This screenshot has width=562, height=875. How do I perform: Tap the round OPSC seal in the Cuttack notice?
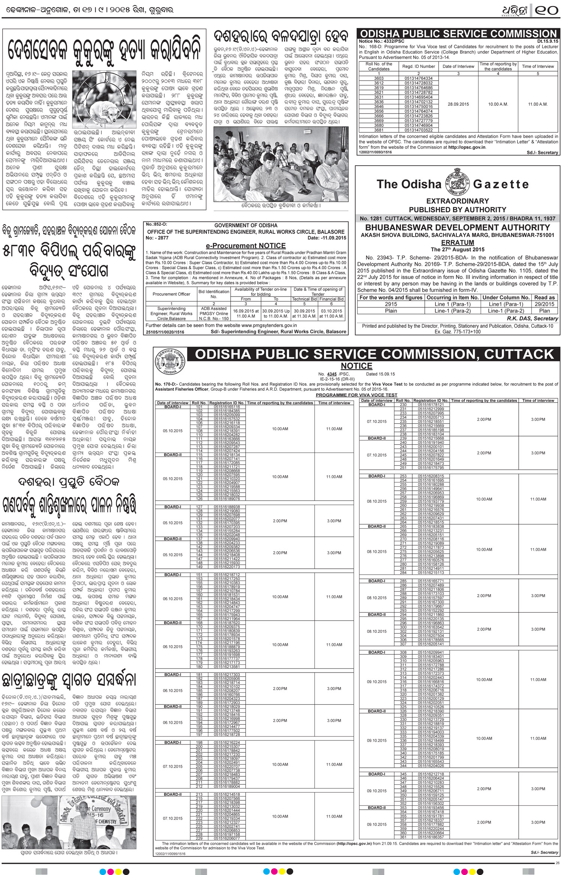[x=170, y=361]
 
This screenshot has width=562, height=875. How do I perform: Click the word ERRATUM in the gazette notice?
[x=457, y=243]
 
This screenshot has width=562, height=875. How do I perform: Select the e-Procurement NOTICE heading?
[x=246, y=246]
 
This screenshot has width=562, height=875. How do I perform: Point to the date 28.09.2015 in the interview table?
[x=458, y=104]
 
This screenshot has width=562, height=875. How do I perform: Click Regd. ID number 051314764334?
[x=419, y=78]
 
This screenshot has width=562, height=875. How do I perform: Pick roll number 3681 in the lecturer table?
[x=379, y=130]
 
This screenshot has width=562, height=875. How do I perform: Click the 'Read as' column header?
[x=544, y=297]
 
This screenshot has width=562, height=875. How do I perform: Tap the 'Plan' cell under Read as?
[x=544, y=311]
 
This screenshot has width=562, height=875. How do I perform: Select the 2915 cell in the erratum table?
[x=391, y=304]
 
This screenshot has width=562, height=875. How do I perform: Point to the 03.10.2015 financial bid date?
[x=332, y=311]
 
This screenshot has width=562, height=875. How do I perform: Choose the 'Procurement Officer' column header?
[x=171, y=294]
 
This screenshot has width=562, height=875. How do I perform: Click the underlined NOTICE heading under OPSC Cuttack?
[x=356, y=366]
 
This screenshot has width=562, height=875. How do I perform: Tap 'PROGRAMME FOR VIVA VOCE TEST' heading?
[x=356, y=395]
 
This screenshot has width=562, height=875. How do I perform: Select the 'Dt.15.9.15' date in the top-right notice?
[x=547, y=41]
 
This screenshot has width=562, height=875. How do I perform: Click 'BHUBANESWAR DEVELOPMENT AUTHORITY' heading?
[x=457, y=228]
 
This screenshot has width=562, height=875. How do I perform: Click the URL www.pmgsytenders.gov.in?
[x=269, y=326]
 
